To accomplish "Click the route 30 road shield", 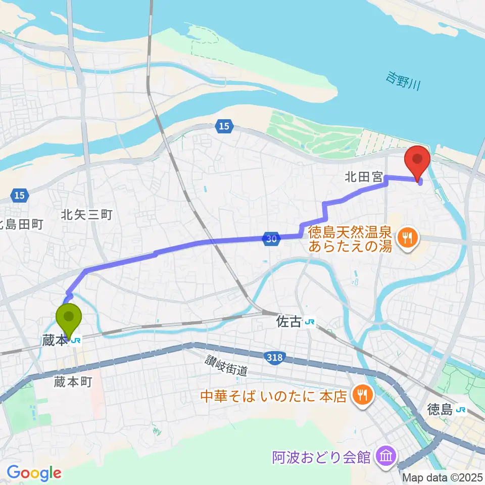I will pos(271,239).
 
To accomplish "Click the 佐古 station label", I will pos(289,322).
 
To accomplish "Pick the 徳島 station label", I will pos(439,409).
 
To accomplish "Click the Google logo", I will pos(34,472).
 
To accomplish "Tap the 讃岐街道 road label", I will pos(226,366).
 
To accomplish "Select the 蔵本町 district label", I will pos(73,382).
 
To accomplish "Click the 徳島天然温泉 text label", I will pos(351,233).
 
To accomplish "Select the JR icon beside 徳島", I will pos(460,409).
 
